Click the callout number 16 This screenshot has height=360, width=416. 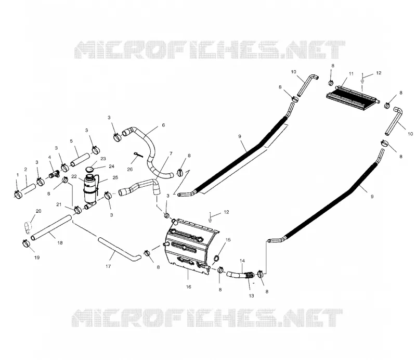(x=188, y=287)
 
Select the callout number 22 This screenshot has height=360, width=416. (x=74, y=176)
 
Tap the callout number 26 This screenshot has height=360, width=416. (x=129, y=170)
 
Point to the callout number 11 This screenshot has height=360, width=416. (x=352, y=73)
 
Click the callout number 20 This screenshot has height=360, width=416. (x=38, y=211)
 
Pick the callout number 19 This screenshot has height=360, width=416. (x=37, y=258)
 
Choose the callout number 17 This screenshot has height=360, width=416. (x=108, y=266)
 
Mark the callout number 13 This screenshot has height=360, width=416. (x=251, y=296)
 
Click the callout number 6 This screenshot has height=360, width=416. (x=163, y=125)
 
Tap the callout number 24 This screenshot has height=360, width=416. (x=111, y=166)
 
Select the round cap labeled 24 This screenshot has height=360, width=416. (x=89, y=170)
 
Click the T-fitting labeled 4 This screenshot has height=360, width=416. (x=54, y=175)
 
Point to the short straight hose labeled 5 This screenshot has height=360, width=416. (x=80, y=160)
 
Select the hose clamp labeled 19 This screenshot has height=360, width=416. (x=26, y=242)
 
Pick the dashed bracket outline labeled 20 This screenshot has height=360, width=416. (x=28, y=228)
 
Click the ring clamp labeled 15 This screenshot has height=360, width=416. (x=217, y=258)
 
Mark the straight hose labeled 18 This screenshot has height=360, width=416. (x=51, y=227)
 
